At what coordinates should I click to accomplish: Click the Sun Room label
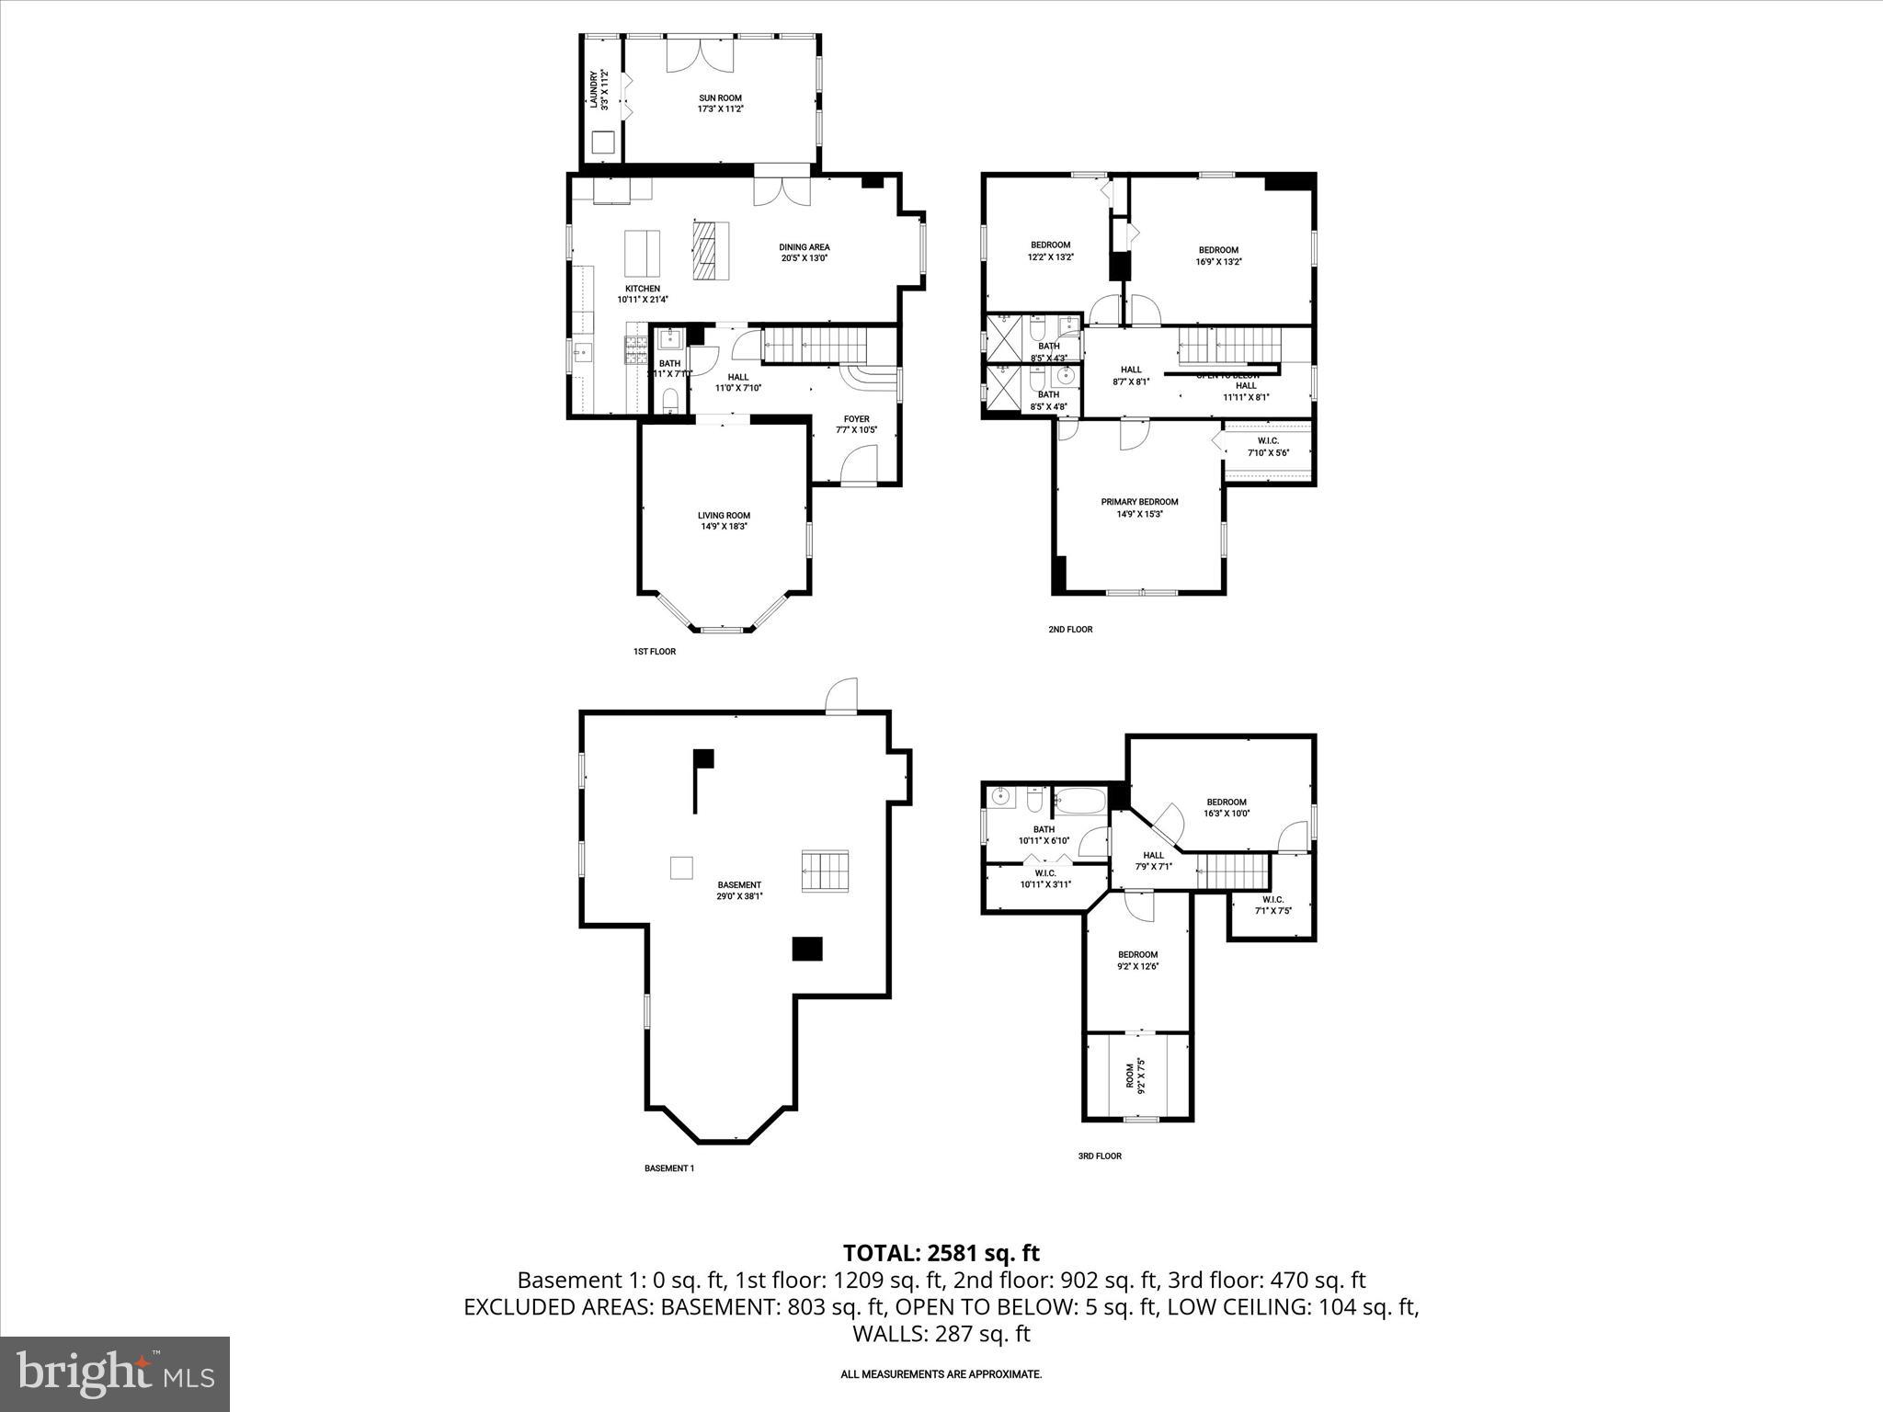720,103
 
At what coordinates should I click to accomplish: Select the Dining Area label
805,252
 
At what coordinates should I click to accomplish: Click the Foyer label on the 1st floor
856,424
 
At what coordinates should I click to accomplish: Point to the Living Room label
724,520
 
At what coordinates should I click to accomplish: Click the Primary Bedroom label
1139,507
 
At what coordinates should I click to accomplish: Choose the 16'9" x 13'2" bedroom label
1218,256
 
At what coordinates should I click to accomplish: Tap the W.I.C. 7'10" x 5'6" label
1268,447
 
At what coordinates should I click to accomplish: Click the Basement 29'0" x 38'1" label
740,890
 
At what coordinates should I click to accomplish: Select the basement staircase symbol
825,871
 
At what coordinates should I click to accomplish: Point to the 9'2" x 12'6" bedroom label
1137,960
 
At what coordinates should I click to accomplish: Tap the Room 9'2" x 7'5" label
1136,1075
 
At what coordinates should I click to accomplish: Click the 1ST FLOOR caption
654,652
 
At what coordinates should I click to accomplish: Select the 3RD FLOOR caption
1100,1156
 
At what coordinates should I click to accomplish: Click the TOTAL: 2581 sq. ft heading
941,1253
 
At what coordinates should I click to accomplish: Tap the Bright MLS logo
115,1373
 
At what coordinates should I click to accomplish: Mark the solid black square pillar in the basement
807,949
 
